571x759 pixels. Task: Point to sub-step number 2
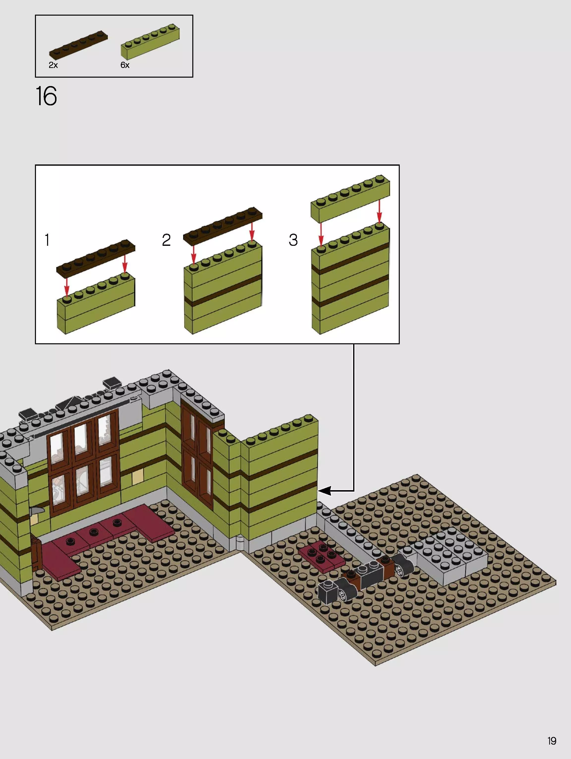[x=166, y=240]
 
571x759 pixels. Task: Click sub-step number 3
[x=293, y=240]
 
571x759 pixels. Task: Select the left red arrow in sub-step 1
[x=67, y=285]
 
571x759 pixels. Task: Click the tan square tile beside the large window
[x=137, y=476]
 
